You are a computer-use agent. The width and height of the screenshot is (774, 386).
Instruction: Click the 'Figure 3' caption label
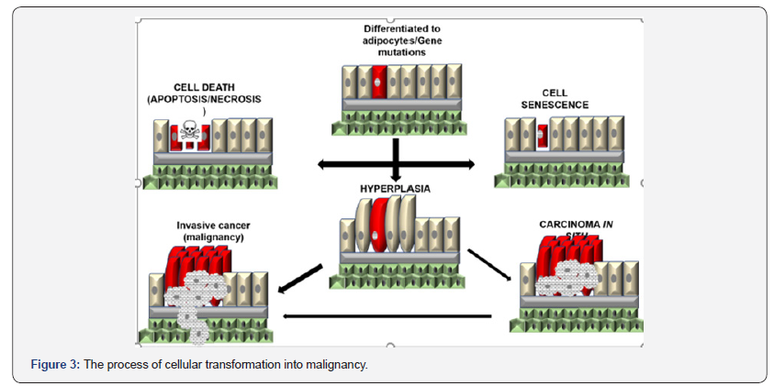pos(55,365)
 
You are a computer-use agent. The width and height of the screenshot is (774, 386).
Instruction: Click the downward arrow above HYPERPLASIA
pos(395,160)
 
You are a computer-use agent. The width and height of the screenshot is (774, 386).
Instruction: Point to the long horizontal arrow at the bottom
pos(386,316)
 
